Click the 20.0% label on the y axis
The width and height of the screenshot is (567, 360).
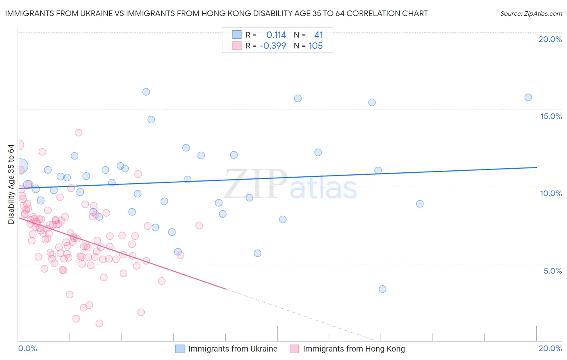pyautogui.click(x=550, y=39)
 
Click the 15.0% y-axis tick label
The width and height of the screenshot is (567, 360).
pyautogui.click(x=551, y=116)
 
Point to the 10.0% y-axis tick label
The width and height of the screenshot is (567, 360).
pyautogui.click(x=551, y=193)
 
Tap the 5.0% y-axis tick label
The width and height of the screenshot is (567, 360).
pyautogui.click(x=552, y=271)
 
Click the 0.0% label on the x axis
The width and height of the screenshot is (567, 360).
pyautogui.click(x=27, y=348)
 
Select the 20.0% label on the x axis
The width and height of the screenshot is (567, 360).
pyautogui.click(x=550, y=348)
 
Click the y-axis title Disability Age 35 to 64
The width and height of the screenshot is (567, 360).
pyautogui.click(x=11, y=184)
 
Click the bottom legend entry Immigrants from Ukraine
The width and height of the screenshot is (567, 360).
pyautogui.click(x=232, y=349)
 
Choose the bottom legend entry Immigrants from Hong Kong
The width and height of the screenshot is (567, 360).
pyautogui.click(x=353, y=349)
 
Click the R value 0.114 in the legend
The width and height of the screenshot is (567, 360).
pyautogui.click(x=276, y=35)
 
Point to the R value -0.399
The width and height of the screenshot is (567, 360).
pyautogui.click(x=273, y=46)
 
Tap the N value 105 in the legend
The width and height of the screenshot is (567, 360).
pyautogui.click(x=315, y=46)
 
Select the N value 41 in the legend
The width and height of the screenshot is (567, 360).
pyautogui.click(x=319, y=35)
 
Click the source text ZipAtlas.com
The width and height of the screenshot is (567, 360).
pyautogui.click(x=531, y=14)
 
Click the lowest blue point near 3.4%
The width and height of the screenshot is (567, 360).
pyautogui.click(x=383, y=289)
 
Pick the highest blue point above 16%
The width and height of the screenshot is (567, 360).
pyautogui.click(x=146, y=92)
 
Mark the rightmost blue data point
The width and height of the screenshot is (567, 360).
pyautogui.click(x=528, y=97)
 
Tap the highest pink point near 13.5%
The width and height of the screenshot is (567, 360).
pyautogui.click(x=79, y=133)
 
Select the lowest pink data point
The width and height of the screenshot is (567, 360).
pyautogui.click(x=99, y=323)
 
